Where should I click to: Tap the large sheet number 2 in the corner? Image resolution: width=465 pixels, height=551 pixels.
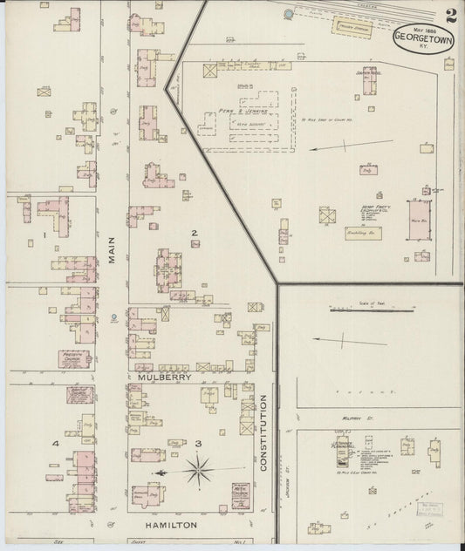click(449, 17)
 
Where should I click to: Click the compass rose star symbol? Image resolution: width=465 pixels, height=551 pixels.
click(200, 472)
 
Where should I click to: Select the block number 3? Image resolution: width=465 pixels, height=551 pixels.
click(199, 444)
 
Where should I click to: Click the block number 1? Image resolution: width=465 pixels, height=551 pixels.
click(43, 235)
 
